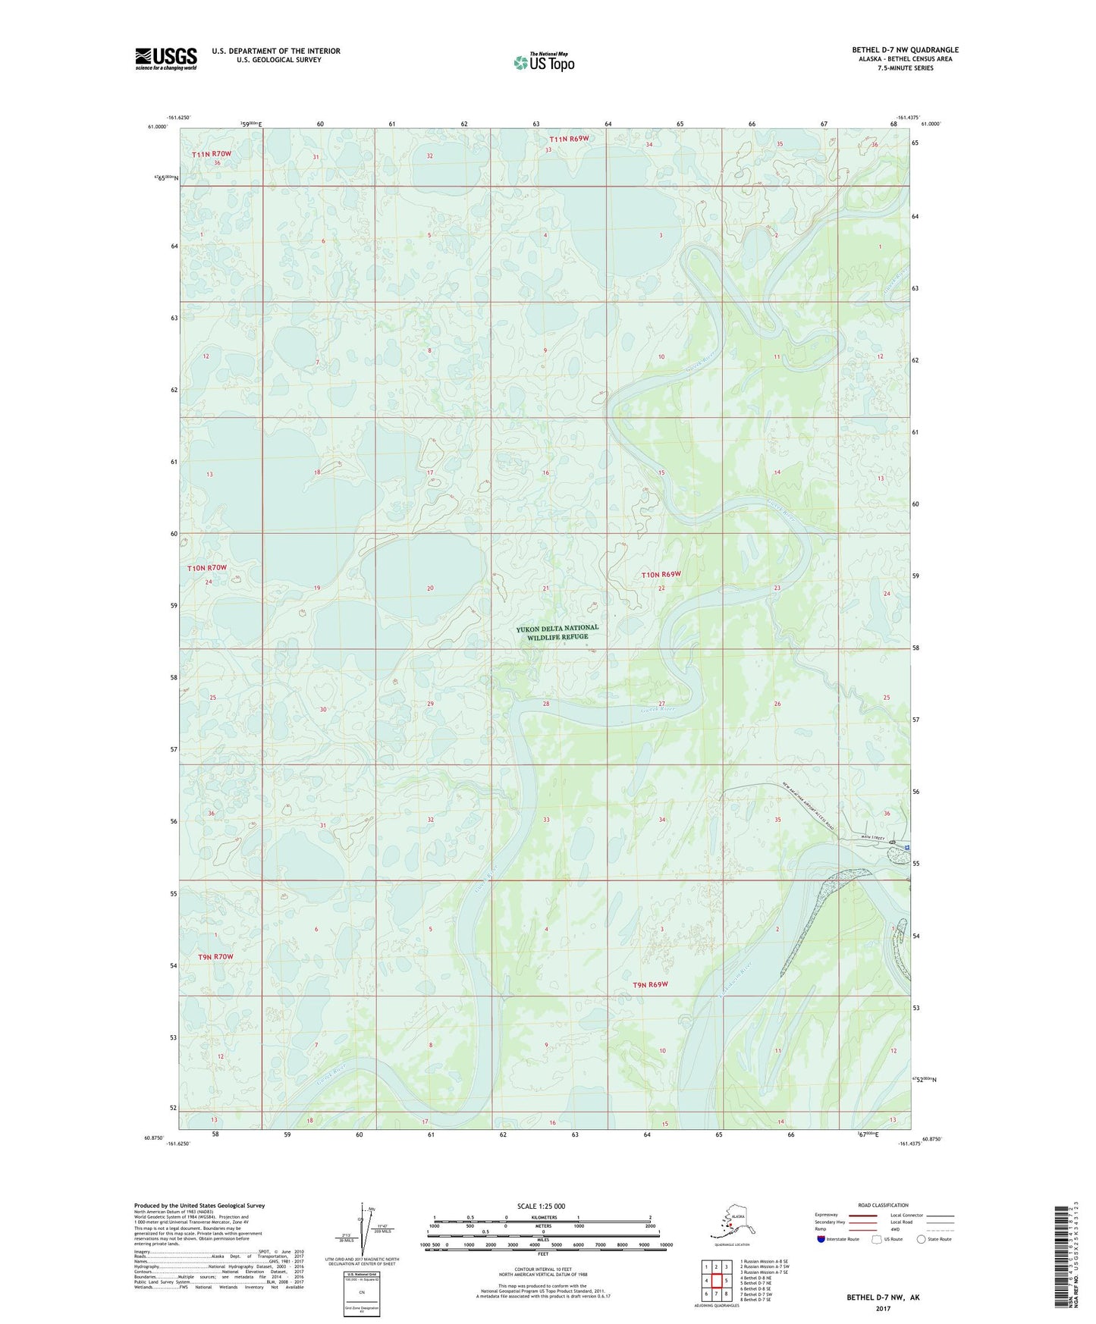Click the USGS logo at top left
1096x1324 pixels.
166,58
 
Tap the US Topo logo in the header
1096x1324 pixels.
543,62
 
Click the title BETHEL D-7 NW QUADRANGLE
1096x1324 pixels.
904,50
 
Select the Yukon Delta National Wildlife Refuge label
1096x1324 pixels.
557,632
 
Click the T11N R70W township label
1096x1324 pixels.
211,154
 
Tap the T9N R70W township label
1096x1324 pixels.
215,957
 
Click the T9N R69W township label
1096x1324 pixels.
650,985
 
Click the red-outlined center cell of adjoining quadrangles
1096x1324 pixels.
716,1281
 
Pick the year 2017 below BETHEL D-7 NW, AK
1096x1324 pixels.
883,1309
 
